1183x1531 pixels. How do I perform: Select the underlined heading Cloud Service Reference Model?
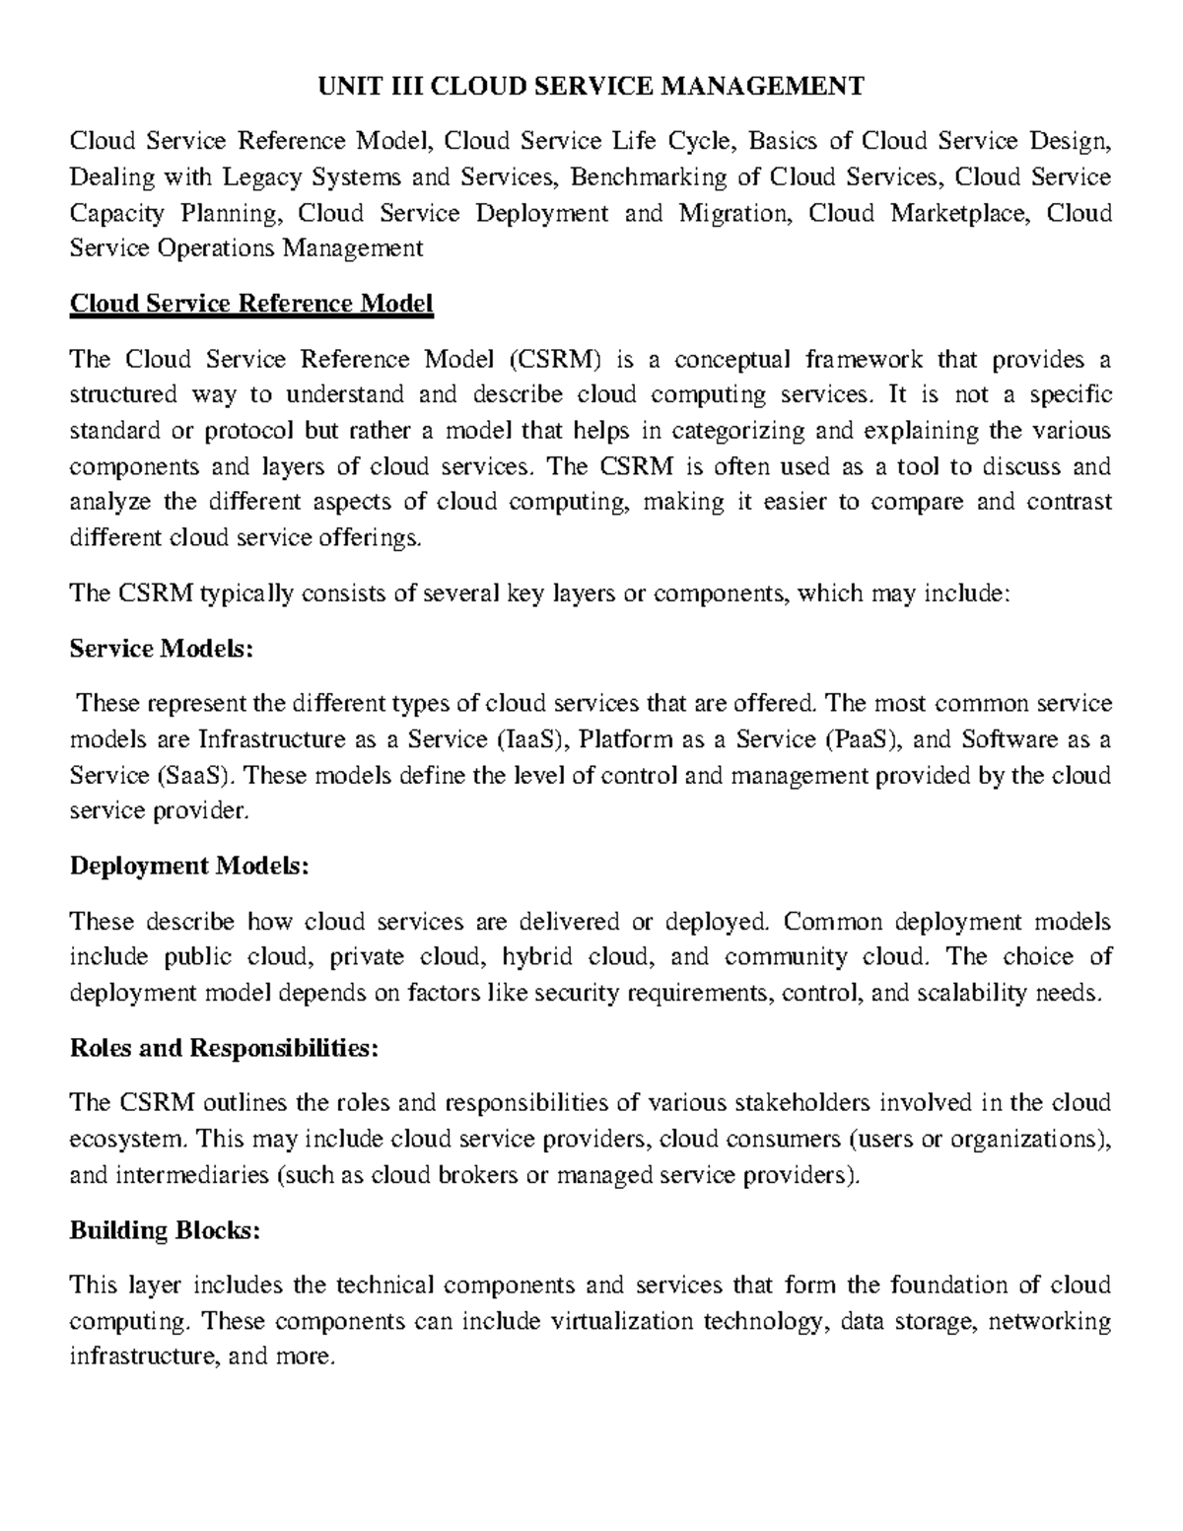pos(251,304)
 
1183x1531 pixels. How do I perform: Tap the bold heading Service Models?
pos(162,649)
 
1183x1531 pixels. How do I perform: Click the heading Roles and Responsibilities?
pos(224,1048)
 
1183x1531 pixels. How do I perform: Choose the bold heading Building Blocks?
pos(165,1230)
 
